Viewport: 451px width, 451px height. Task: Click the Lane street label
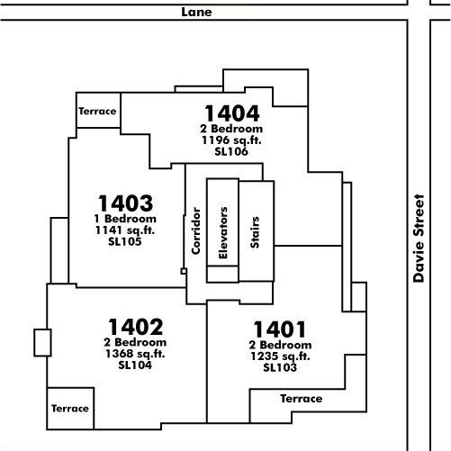[x=196, y=12]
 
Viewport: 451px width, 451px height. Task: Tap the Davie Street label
[x=419, y=239]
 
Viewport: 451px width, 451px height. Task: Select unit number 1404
[x=231, y=113]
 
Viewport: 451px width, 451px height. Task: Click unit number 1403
[x=125, y=203]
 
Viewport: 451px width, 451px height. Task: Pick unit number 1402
[x=136, y=327]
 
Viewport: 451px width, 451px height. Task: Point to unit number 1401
[x=280, y=329]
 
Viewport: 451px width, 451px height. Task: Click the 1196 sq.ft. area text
[x=231, y=140]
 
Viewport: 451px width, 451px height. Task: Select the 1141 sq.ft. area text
[x=125, y=230]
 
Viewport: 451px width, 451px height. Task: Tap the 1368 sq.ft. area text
[x=135, y=354]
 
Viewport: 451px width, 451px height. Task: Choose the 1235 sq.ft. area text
[x=280, y=356]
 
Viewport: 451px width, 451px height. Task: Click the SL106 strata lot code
[x=231, y=151]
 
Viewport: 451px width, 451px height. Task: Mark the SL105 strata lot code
[x=125, y=241]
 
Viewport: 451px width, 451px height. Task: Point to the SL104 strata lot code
[x=135, y=365]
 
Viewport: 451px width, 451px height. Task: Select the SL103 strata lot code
[x=280, y=367]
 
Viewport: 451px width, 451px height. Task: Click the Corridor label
[x=196, y=231]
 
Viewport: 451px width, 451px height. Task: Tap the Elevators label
[x=223, y=233]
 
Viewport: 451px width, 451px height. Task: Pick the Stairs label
[x=255, y=232]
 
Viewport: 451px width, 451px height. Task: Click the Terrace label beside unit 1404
[x=97, y=112]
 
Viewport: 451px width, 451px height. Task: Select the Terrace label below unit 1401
[x=302, y=399]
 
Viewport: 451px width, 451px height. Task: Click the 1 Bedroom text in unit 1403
[x=125, y=219]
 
